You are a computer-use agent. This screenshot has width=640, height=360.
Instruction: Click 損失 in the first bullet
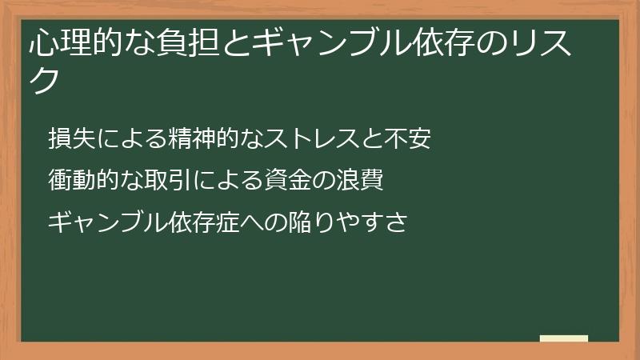coord(68,139)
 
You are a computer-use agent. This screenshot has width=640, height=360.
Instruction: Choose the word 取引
coord(167,180)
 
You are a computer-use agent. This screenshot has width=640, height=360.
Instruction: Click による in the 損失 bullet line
coord(128,139)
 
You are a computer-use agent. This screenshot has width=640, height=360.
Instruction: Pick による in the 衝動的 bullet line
coord(227,180)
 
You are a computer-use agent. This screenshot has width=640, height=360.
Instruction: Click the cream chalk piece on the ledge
coord(564,338)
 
